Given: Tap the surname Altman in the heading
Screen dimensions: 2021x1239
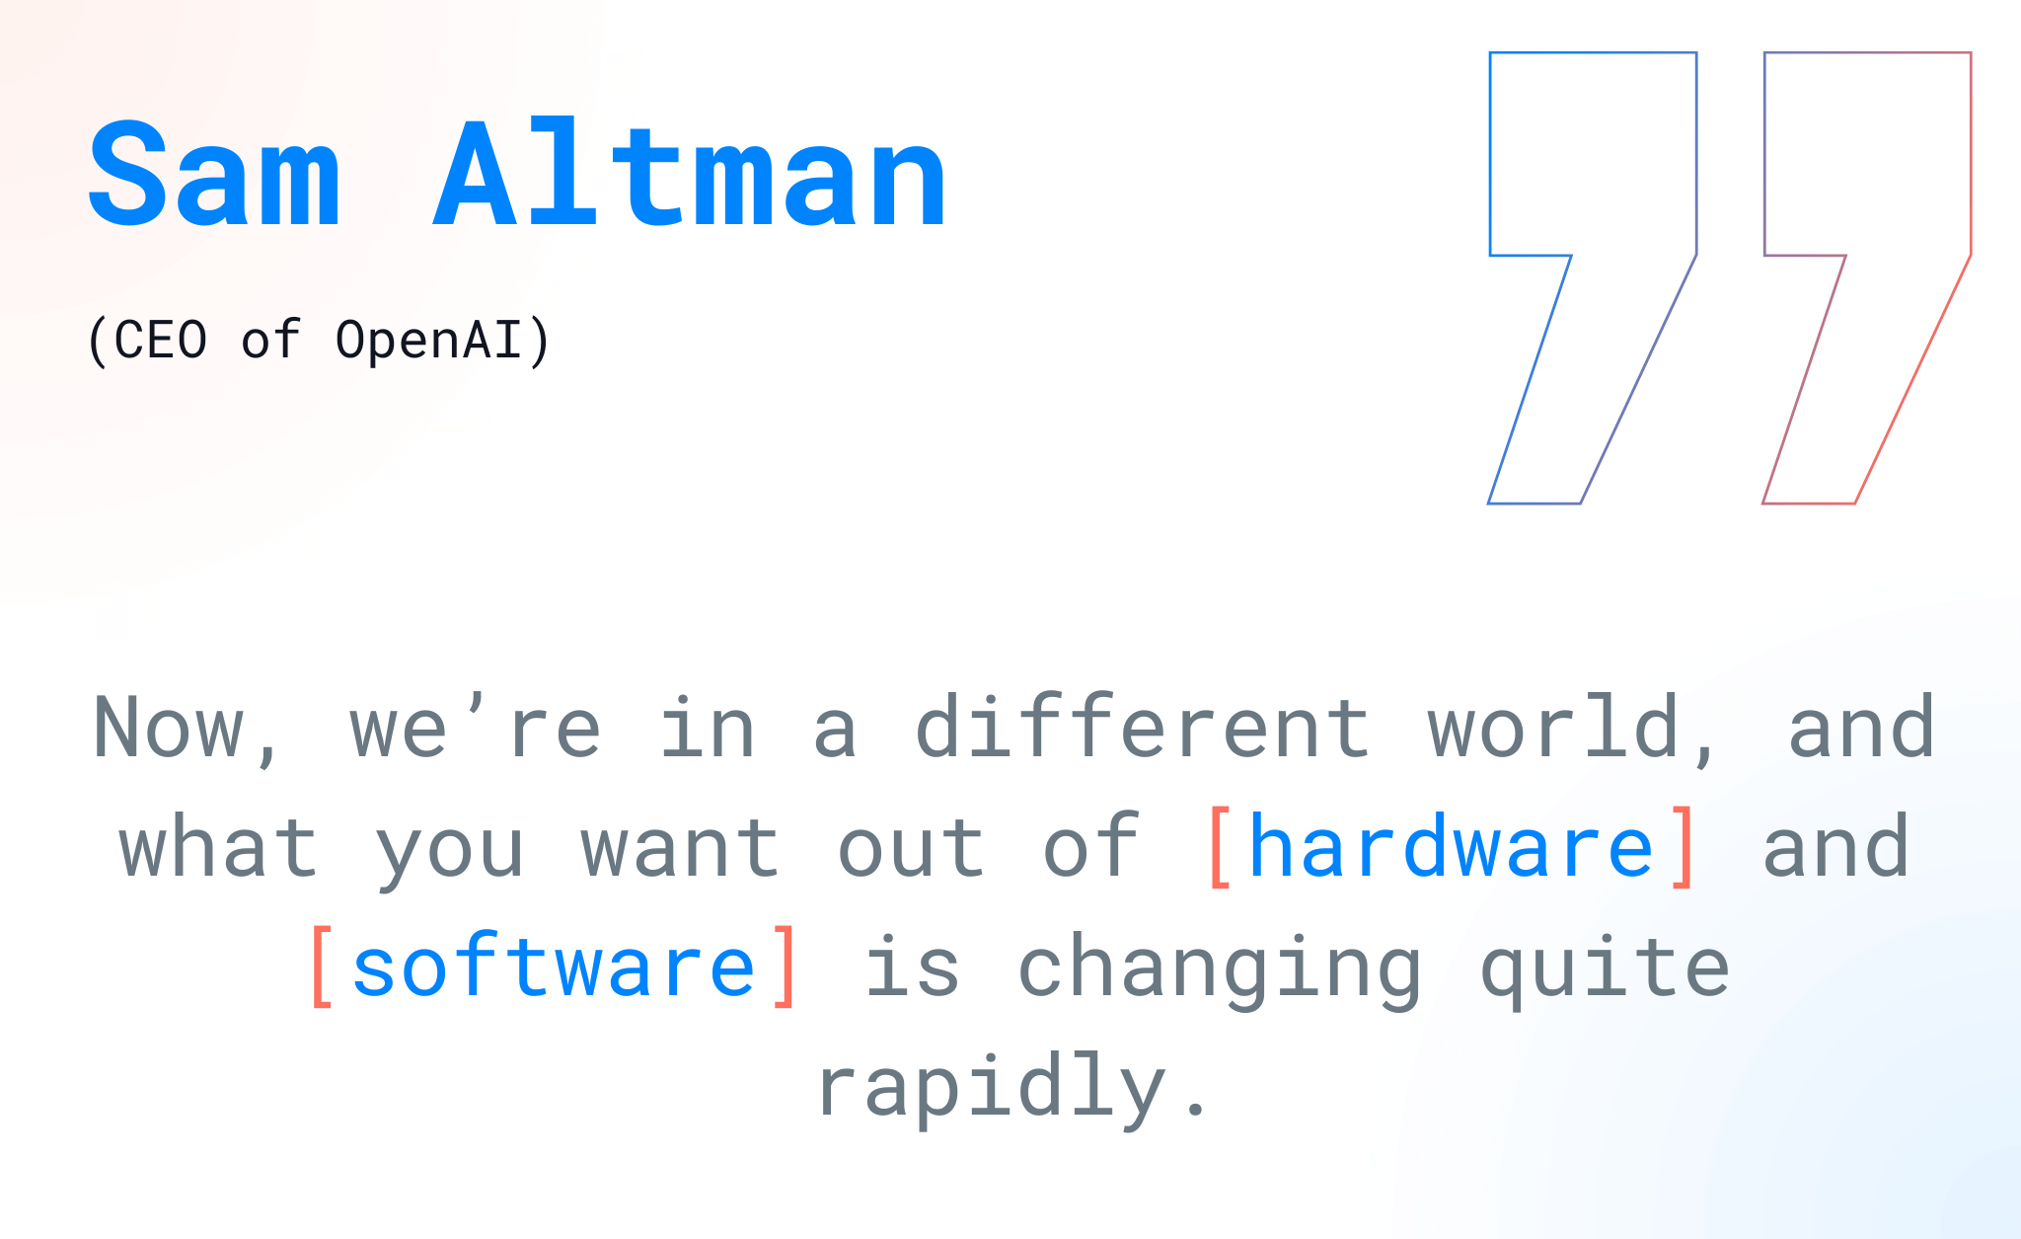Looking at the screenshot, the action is coord(690,174).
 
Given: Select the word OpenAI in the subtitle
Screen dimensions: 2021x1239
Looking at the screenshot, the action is coord(428,341).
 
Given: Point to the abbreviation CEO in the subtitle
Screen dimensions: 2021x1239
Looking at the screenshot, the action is coord(161,341).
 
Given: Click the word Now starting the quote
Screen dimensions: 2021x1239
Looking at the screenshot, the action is coord(169,728).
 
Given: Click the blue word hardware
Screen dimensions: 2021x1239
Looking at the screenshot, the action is coord(1451,845).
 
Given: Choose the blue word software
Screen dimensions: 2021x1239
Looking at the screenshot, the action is coord(554,966).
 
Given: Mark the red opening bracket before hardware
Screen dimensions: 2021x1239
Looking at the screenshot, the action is coord(1220,847).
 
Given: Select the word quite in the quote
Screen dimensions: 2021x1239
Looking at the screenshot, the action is coord(1605,968).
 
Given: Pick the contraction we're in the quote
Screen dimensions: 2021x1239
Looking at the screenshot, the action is coord(475,728).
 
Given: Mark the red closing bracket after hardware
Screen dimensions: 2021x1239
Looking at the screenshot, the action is coord(1684,847).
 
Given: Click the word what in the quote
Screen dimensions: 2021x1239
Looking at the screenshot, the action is coord(218,845).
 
